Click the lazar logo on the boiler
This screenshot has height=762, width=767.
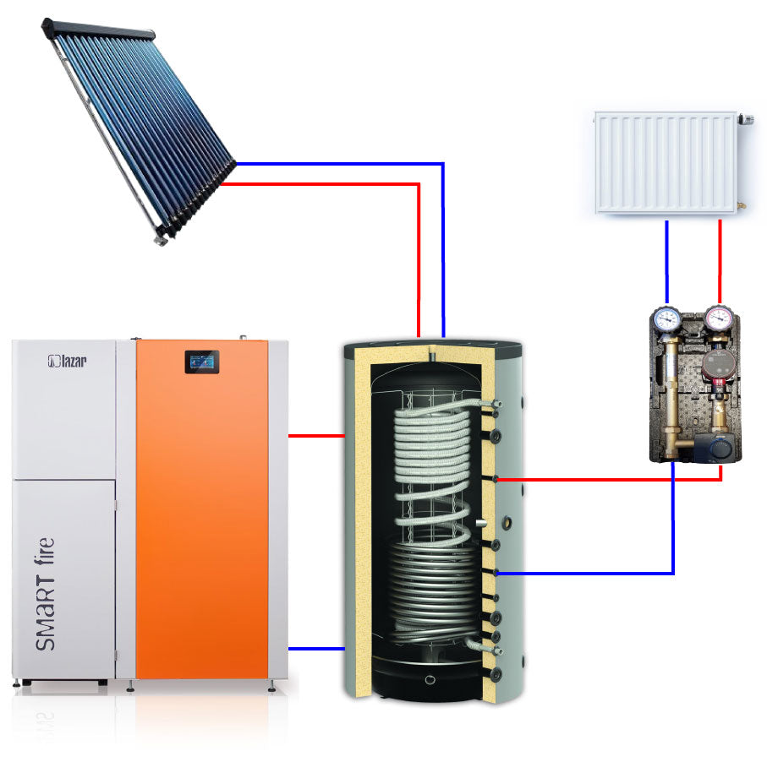[x=67, y=362]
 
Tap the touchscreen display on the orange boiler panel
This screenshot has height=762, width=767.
[x=201, y=362]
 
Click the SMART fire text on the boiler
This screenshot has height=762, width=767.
[x=45, y=594]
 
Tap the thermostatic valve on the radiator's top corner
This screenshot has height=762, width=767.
[x=746, y=119]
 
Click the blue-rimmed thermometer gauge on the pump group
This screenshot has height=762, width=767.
[x=666, y=319]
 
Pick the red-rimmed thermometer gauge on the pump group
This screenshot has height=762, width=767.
[x=718, y=318]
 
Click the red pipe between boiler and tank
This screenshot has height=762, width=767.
[x=316, y=436]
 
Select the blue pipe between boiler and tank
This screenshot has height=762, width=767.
[x=316, y=649]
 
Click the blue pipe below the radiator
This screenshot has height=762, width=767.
[x=666, y=262]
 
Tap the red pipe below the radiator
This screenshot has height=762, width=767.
[x=720, y=262]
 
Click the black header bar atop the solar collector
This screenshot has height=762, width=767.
[x=98, y=29]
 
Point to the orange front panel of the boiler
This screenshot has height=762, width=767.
[x=202, y=509]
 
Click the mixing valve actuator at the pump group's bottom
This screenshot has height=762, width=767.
[x=718, y=445]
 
